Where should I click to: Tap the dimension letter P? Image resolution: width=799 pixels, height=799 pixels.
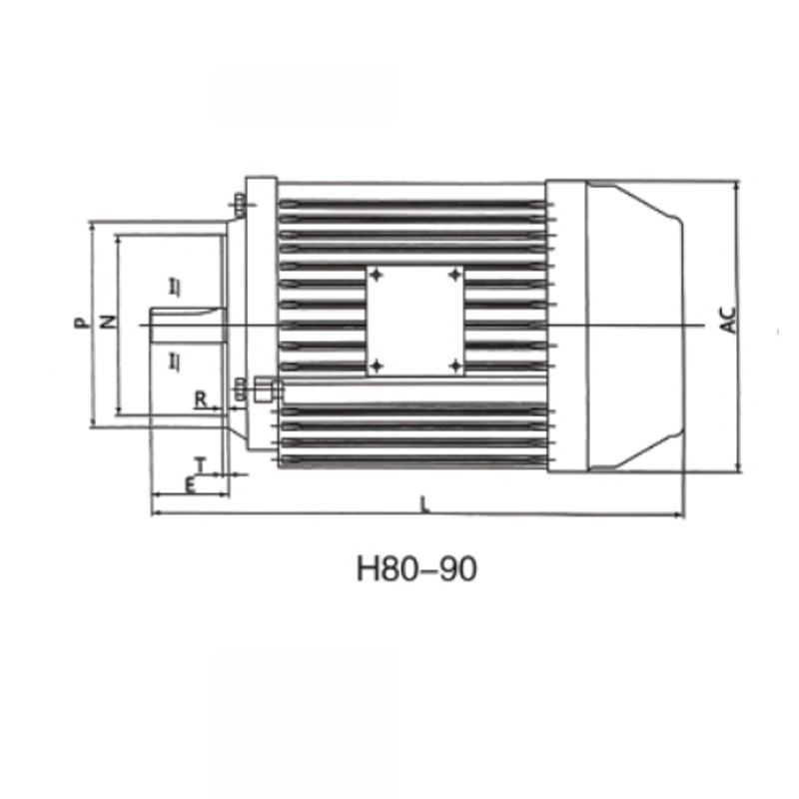[80, 323]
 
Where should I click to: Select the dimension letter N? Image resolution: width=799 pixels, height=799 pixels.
[109, 323]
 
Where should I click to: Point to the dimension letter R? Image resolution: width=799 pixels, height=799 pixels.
[201, 399]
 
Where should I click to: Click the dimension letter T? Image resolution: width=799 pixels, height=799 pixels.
[200, 464]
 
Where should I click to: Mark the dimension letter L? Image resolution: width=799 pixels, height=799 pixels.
[424, 504]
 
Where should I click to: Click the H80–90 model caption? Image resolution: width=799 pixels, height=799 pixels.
[416, 568]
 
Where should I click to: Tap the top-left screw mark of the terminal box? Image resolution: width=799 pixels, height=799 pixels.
[377, 274]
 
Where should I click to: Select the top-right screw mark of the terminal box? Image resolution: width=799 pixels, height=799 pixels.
[454, 274]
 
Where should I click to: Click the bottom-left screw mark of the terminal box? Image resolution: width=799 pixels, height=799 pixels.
[377, 366]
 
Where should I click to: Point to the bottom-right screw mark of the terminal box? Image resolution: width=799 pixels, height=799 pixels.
[454, 366]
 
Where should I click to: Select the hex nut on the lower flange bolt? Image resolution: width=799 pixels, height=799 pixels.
[264, 389]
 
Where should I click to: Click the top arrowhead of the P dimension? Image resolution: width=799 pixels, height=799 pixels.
[93, 226]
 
